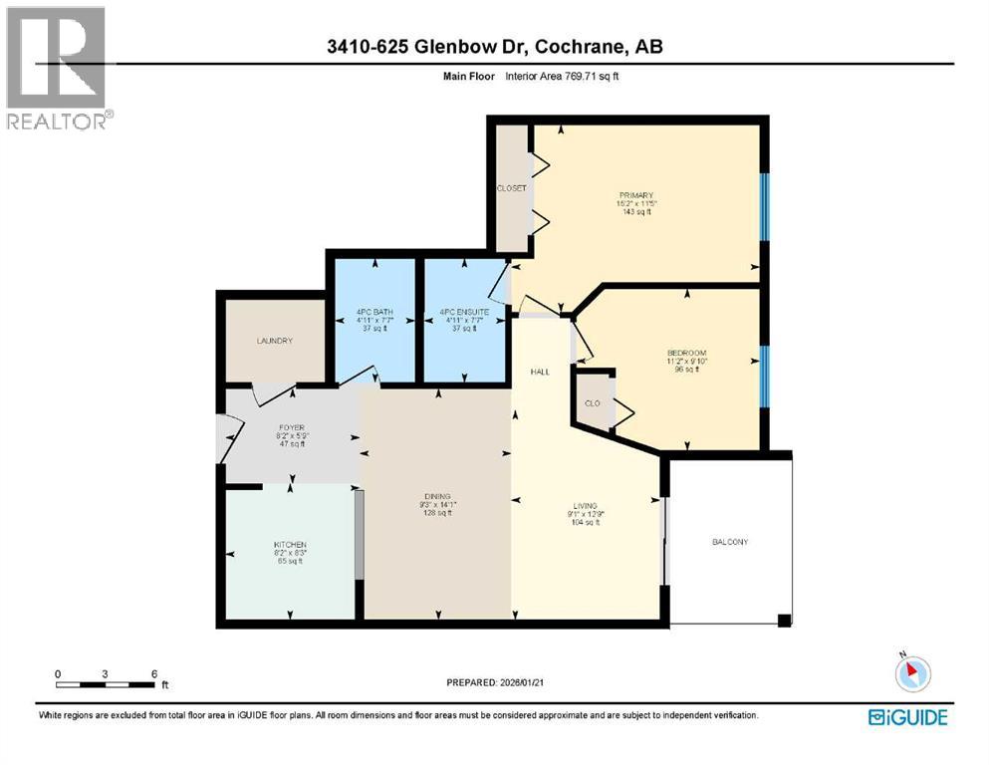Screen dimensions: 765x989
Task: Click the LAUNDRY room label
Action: pos(274,341)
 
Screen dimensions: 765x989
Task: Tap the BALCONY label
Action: pos(729,542)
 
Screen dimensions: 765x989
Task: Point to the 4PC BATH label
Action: pos(374,313)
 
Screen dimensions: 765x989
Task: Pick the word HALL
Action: pos(540,371)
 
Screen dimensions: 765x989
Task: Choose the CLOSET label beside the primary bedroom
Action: pos(511,188)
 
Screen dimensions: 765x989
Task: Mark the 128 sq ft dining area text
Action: pos(437,513)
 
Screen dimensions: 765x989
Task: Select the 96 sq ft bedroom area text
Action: pos(686,370)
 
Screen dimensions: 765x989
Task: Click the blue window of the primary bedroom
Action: pos(765,206)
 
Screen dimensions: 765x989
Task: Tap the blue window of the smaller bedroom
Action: pos(765,377)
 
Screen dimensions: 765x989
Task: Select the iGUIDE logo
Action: pos(907,716)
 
